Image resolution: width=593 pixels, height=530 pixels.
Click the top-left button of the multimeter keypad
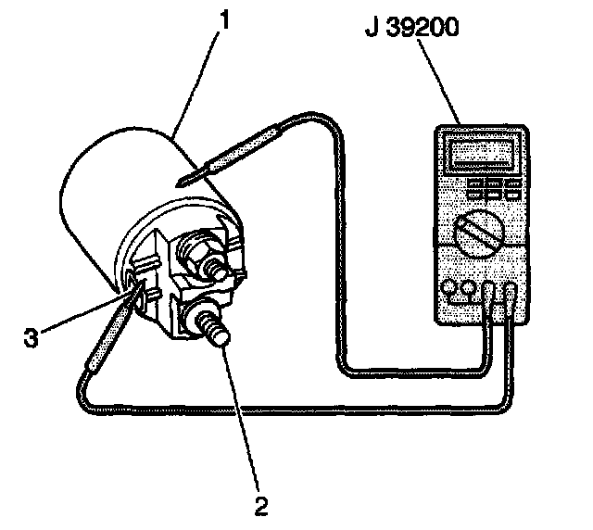tap(473, 184)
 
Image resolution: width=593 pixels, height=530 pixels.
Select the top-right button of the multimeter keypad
tap(513, 184)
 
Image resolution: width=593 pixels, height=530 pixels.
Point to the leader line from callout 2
tap(244, 417)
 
